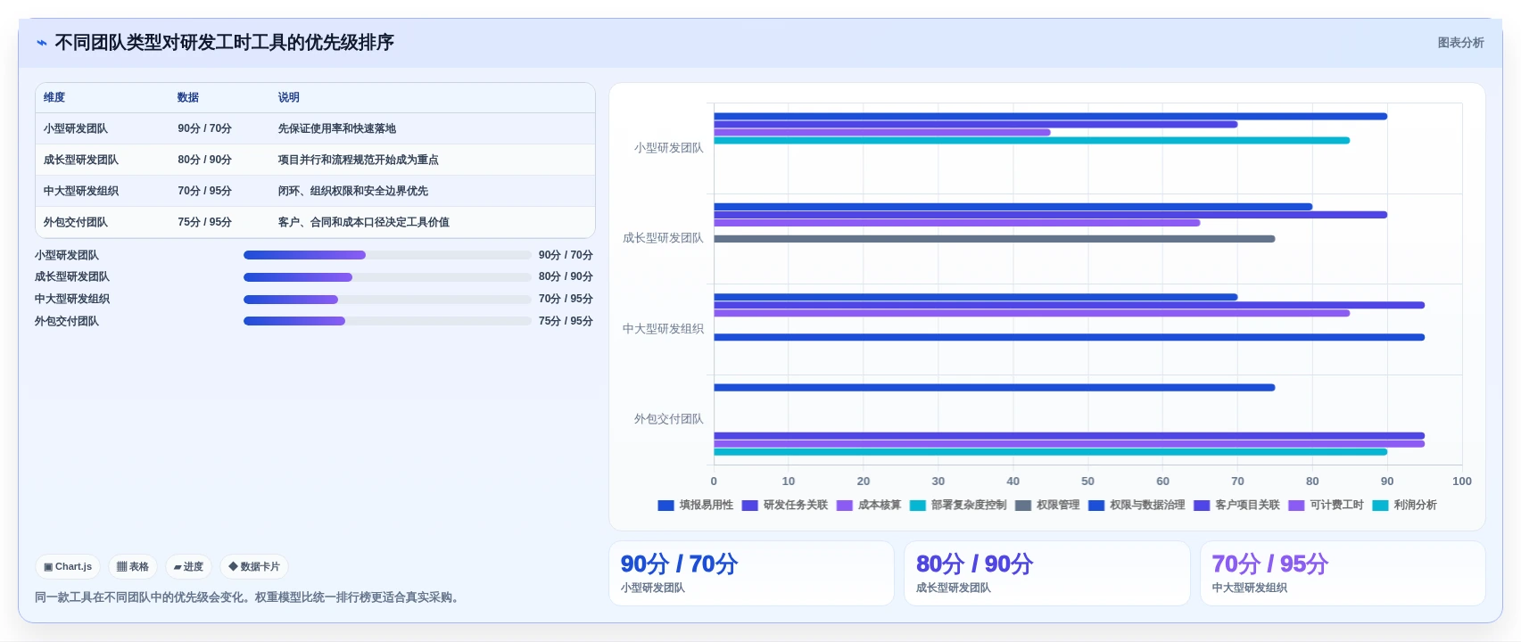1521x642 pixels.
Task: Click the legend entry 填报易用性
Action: click(695, 505)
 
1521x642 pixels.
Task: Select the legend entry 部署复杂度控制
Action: click(957, 505)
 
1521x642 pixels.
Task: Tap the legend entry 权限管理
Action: click(1047, 505)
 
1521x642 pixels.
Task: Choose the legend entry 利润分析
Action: click(1404, 505)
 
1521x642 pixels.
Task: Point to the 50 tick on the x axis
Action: click(1087, 481)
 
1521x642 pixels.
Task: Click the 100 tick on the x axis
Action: click(1462, 481)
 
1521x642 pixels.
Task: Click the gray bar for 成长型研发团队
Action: click(994, 239)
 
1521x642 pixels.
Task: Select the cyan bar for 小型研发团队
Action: click(1031, 141)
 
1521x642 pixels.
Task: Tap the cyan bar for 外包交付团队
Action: click(1051, 452)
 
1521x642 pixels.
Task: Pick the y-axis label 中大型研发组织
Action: click(663, 328)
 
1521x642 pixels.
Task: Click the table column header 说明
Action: click(288, 97)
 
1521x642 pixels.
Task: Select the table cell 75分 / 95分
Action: click(204, 222)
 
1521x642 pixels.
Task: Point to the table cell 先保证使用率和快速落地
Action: click(337, 128)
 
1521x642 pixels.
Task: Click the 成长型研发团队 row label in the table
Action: click(81, 160)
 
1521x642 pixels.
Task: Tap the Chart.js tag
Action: click(68, 567)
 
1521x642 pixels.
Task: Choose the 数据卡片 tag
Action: click(254, 567)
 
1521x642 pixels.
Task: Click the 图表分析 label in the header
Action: click(1460, 43)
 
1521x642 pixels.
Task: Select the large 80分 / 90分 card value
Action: click(974, 564)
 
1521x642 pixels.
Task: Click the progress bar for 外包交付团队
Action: click(387, 321)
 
